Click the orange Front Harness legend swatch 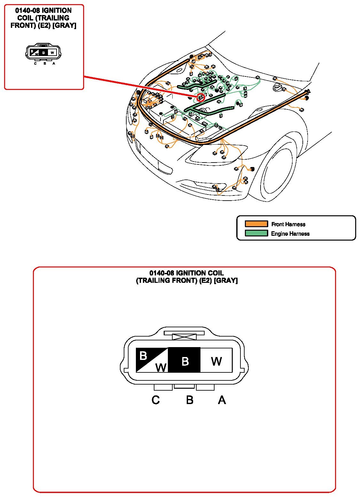[256, 224]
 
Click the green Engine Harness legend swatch [256, 233]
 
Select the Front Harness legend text [288, 224]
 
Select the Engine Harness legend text [290, 234]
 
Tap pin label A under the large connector [222, 400]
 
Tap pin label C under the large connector [155, 400]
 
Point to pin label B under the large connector [190, 400]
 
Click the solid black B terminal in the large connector [184, 360]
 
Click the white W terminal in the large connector [216, 360]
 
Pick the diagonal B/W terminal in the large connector [152, 360]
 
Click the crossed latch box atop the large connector [184, 337]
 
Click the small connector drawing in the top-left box [43, 52]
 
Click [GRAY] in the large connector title [226, 280]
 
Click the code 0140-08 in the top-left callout [27, 11]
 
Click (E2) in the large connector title [205, 280]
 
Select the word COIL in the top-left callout [25, 18]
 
